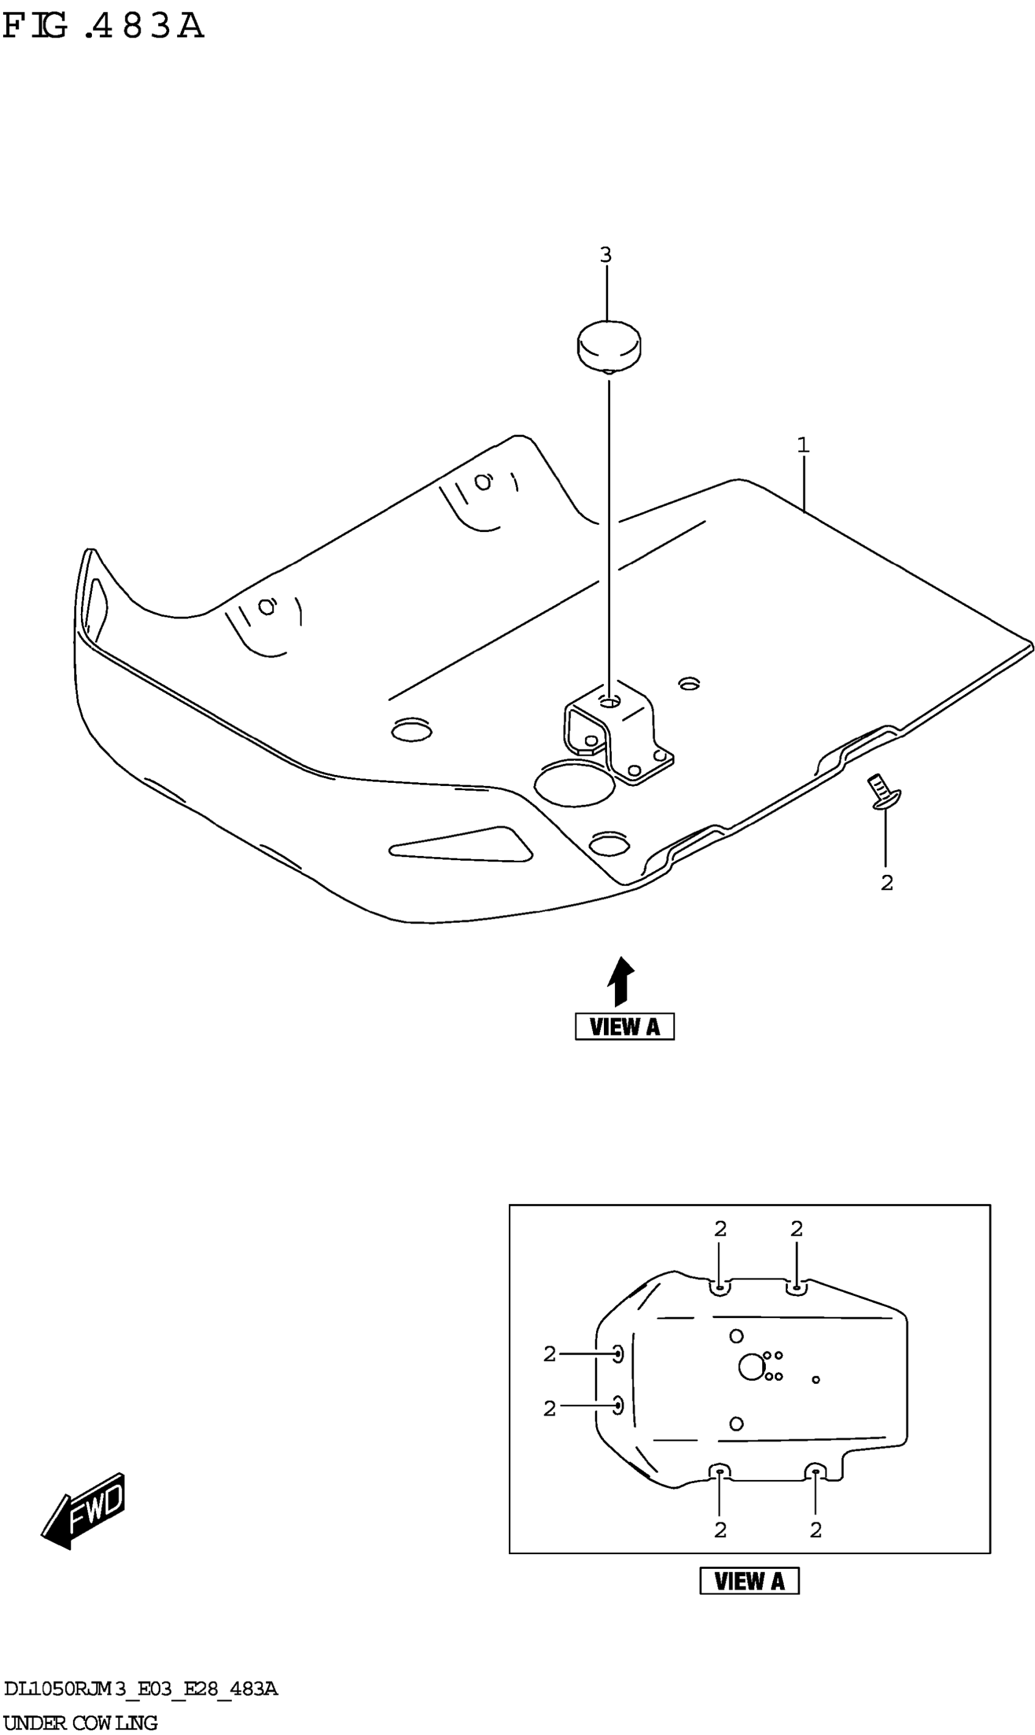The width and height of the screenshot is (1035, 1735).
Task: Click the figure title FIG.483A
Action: (103, 27)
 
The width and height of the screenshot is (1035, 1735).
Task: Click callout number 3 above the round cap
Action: (605, 255)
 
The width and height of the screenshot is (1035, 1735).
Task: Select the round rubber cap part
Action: (609, 345)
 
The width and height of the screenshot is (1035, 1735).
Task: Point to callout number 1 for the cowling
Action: (803, 444)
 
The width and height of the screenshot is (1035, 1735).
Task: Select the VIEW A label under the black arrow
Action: (624, 1026)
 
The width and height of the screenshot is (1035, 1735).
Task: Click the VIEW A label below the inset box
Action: (749, 1581)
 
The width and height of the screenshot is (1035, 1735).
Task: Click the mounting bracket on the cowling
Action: (617, 732)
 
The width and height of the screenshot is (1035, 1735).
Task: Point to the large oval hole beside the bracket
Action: (574, 784)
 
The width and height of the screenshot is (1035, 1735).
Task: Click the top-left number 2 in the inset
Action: (720, 1229)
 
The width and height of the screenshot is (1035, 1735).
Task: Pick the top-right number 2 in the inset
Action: (796, 1229)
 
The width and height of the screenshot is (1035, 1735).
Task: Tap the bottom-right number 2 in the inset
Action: (815, 1530)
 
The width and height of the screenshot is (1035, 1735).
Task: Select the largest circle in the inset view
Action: (751, 1367)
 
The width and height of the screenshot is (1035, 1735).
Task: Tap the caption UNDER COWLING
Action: (80, 1722)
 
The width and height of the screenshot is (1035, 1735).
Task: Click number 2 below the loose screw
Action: (886, 883)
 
